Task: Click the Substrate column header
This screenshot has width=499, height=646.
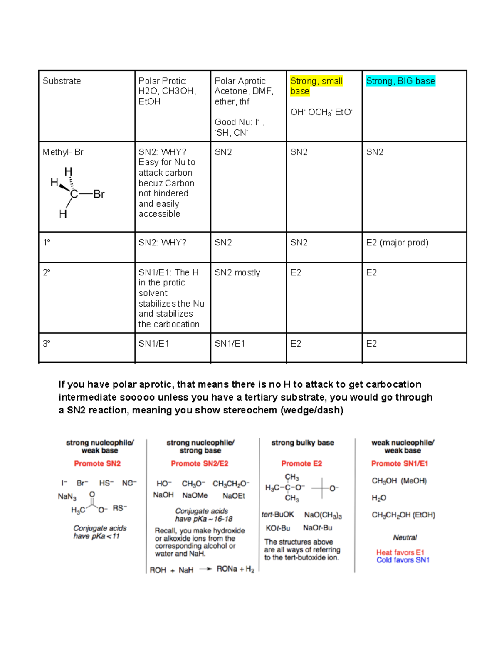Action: click(x=62, y=81)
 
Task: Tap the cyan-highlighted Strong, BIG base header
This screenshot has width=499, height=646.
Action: click(x=400, y=81)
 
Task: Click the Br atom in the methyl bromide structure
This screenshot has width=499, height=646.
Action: click(x=99, y=194)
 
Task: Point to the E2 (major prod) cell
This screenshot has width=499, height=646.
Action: click(x=397, y=243)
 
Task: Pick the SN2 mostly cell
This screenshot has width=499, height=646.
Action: click(x=237, y=272)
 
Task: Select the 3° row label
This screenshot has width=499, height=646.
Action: click(x=46, y=344)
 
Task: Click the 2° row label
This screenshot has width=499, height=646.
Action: click(x=46, y=272)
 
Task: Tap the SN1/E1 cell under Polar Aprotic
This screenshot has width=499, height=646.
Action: click(x=230, y=344)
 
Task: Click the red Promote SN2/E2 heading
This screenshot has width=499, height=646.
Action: click(x=199, y=463)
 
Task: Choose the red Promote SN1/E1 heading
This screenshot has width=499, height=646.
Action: click(x=400, y=463)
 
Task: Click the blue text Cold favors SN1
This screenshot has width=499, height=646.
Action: click(x=403, y=560)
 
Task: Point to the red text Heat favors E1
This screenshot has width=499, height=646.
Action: click(x=400, y=552)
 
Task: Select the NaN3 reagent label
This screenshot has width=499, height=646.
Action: click(x=67, y=497)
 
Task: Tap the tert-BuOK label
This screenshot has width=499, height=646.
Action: click(x=278, y=515)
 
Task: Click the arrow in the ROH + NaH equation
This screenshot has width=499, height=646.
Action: click(x=205, y=569)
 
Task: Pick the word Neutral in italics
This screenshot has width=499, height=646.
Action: click(x=405, y=537)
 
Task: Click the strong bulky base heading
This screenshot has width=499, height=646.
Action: click(x=302, y=443)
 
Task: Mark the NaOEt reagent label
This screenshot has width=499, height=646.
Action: click(x=234, y=496)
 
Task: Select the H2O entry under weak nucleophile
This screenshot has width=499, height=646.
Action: click(x=379, y=498)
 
